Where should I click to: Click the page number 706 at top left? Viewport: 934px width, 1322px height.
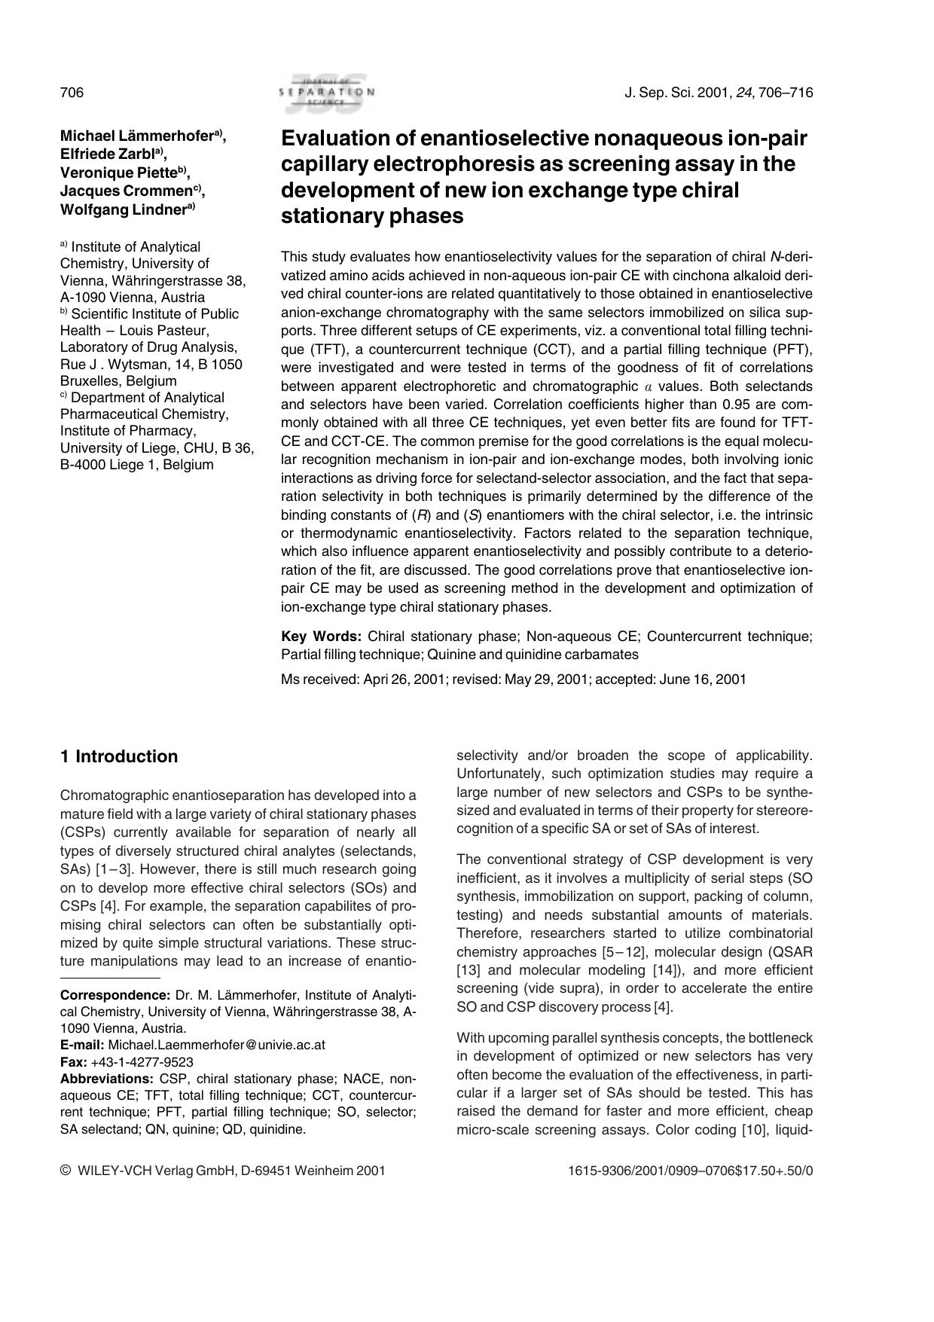point(72,93)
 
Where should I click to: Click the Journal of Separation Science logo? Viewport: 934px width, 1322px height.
point(325,92)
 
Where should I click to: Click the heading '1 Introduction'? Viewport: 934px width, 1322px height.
point(119,756)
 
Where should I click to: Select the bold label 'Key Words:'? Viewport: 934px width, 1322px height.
point(321,637)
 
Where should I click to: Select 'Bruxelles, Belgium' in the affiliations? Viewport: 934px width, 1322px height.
point(118,381)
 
